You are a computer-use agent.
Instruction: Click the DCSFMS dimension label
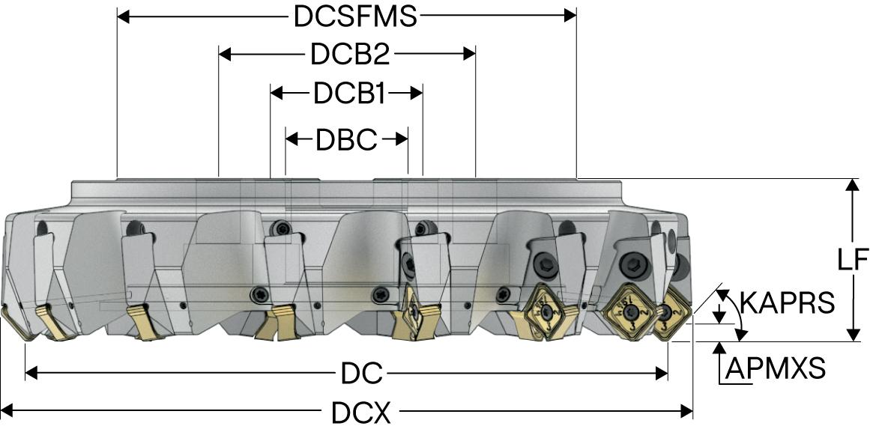pyautogui.click(x=354, y=16)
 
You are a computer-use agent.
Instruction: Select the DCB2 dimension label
pyautogui.click(x=348, y=55)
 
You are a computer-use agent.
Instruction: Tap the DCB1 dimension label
pyautogui.click(x=348, y=94)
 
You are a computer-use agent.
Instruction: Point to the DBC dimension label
pyautogui.click(x=346, y=139)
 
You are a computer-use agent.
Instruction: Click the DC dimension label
pyautogui.click(x=363, y=372)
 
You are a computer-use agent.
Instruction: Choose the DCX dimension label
pyautogui.click(x=361, y=411)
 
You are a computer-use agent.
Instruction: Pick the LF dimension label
pyautogui.click(x=852, y=260)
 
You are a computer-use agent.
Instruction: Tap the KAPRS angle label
pyautogui.click(x=787, y=302)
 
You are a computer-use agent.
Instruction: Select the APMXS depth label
pyautogui.click(x=776, y=368)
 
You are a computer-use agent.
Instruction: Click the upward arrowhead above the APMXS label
pyautogui.click(x=720, y=347)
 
